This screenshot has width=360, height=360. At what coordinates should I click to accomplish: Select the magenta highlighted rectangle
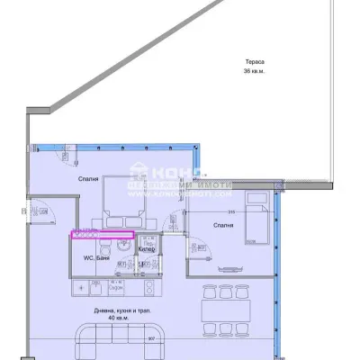(103, 236)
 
